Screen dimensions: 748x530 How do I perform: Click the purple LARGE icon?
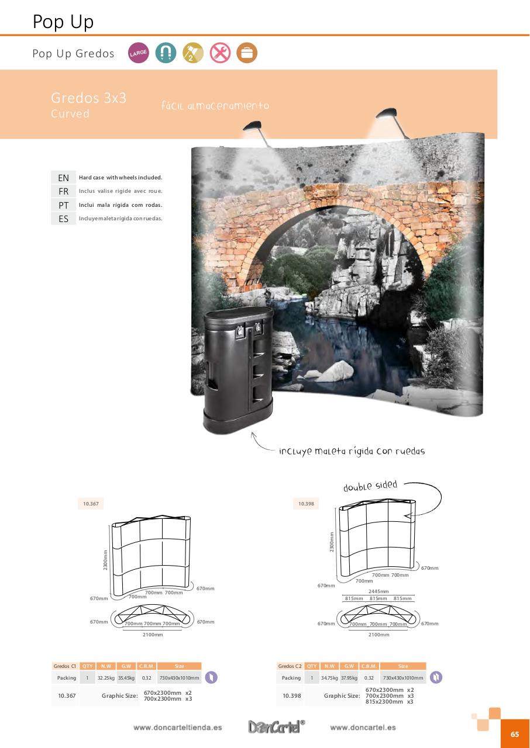(x=139, y=53)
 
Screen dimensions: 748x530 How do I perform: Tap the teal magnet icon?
(x=166, y=53)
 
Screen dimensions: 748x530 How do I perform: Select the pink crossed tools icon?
(x=220, y=53)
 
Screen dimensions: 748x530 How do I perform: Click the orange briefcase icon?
(x=247, y=53)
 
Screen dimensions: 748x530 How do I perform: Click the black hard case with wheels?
(x=238, y=368)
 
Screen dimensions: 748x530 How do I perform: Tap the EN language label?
(x=63, y=178)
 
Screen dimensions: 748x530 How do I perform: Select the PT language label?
(x=63, y=205)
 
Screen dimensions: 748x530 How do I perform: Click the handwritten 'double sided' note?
(x=370, y=486)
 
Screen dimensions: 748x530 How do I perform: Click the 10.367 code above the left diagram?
(x=90, y=504)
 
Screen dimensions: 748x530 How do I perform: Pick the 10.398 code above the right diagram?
(x=305, y=504)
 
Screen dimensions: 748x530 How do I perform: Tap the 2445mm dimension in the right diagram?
(x=378, y=591)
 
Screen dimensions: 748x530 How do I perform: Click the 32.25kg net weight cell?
(x=106, y=678)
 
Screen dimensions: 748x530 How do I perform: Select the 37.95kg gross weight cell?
(x=349, y=678)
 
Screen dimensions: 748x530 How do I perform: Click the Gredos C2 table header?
(x=290, y=666)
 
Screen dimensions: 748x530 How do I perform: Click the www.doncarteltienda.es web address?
(x=177, y=728)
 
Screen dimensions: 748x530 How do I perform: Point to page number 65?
(x=515, y=735)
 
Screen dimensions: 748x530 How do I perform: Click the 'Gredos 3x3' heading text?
(x=88, y=98)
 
